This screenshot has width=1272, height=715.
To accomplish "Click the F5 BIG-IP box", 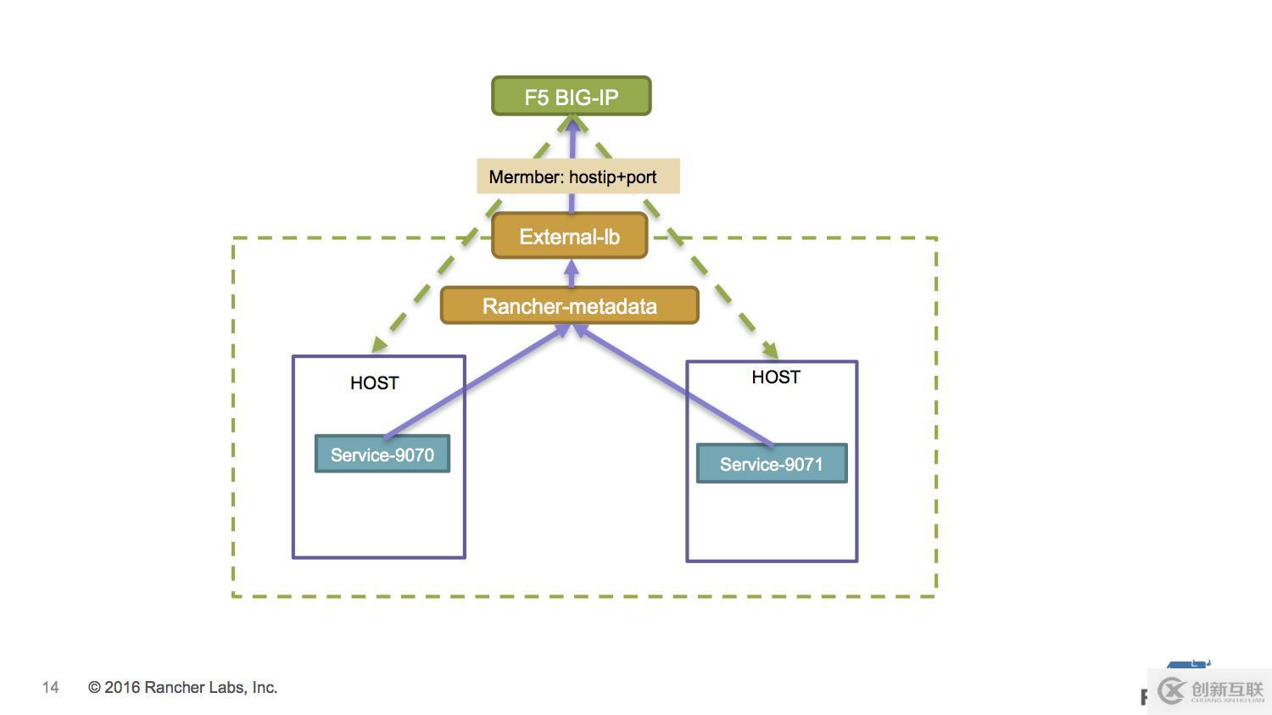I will click(x=571, y=97).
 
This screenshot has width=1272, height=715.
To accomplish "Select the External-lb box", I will click(x=569, y=237).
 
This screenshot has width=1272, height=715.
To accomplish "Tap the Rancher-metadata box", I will click(x=569, y=306).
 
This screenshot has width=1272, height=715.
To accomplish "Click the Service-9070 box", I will click(x=382, y=455).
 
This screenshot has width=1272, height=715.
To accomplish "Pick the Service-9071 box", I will click(x=771, y=464).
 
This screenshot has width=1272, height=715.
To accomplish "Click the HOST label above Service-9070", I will click(x=374, y=383).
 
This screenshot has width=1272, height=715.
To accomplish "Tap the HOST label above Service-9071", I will click(x=775, y=377).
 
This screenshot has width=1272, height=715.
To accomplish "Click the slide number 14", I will click(x=51, y=688).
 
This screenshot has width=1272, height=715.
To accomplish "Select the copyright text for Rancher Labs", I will click(x=182, y=688).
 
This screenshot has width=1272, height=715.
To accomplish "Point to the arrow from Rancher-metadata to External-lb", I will click(x=571, y=273).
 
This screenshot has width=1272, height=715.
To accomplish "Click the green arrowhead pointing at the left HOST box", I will click(x=379, y=344).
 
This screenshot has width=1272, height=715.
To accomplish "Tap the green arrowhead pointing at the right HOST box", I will click(x=771, y=349).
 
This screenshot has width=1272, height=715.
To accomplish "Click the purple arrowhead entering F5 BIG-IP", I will click(x=572, y=126).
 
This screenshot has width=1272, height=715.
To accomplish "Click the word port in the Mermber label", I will click(x=641, y=177).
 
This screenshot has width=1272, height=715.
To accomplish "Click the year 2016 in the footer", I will click(x=122, y=688).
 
